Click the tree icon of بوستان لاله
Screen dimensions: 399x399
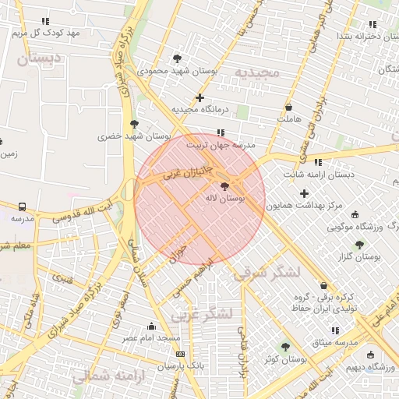(x=225, y=187)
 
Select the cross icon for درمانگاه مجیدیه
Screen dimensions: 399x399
(x=200, y=98)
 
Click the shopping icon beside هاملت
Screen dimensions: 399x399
(x=289, y=108)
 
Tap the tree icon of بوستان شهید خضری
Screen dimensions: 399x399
(x=135, y=124)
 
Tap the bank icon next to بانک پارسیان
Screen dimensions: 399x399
(x=181, y=354)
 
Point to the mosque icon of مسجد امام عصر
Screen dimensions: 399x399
(x=151, y=327)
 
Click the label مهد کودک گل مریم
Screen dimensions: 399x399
(x=46, y=33)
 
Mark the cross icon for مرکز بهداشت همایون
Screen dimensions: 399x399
(x=304, y=193)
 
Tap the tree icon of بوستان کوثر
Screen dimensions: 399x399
(x=285, y=346)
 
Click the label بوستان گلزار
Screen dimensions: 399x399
(x=359, y=256)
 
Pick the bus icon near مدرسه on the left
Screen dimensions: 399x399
(x=22, y=207)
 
